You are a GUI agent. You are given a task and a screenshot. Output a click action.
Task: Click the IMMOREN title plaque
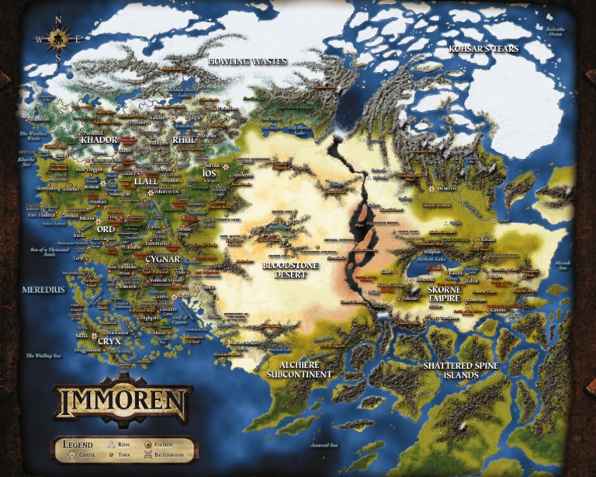[x=123, y=402]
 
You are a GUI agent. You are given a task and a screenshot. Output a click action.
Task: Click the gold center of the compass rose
[x=59, y=37]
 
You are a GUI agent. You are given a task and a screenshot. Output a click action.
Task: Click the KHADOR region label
[x=99, y=140]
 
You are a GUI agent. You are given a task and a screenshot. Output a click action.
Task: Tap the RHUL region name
[x=184, y=140]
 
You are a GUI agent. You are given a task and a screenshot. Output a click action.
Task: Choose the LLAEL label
[x=146, y=181]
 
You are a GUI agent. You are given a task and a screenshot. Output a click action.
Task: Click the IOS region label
[x=209, y=172]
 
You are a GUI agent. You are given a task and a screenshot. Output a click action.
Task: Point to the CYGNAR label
[x=162, y=259]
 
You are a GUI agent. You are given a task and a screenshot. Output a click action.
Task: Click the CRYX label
[x=110, y=340]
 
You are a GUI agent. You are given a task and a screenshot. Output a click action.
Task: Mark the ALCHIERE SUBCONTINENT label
[x=299, y=369]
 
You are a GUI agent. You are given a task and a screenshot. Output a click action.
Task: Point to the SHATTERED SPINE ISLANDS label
[x=461, y=369]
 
